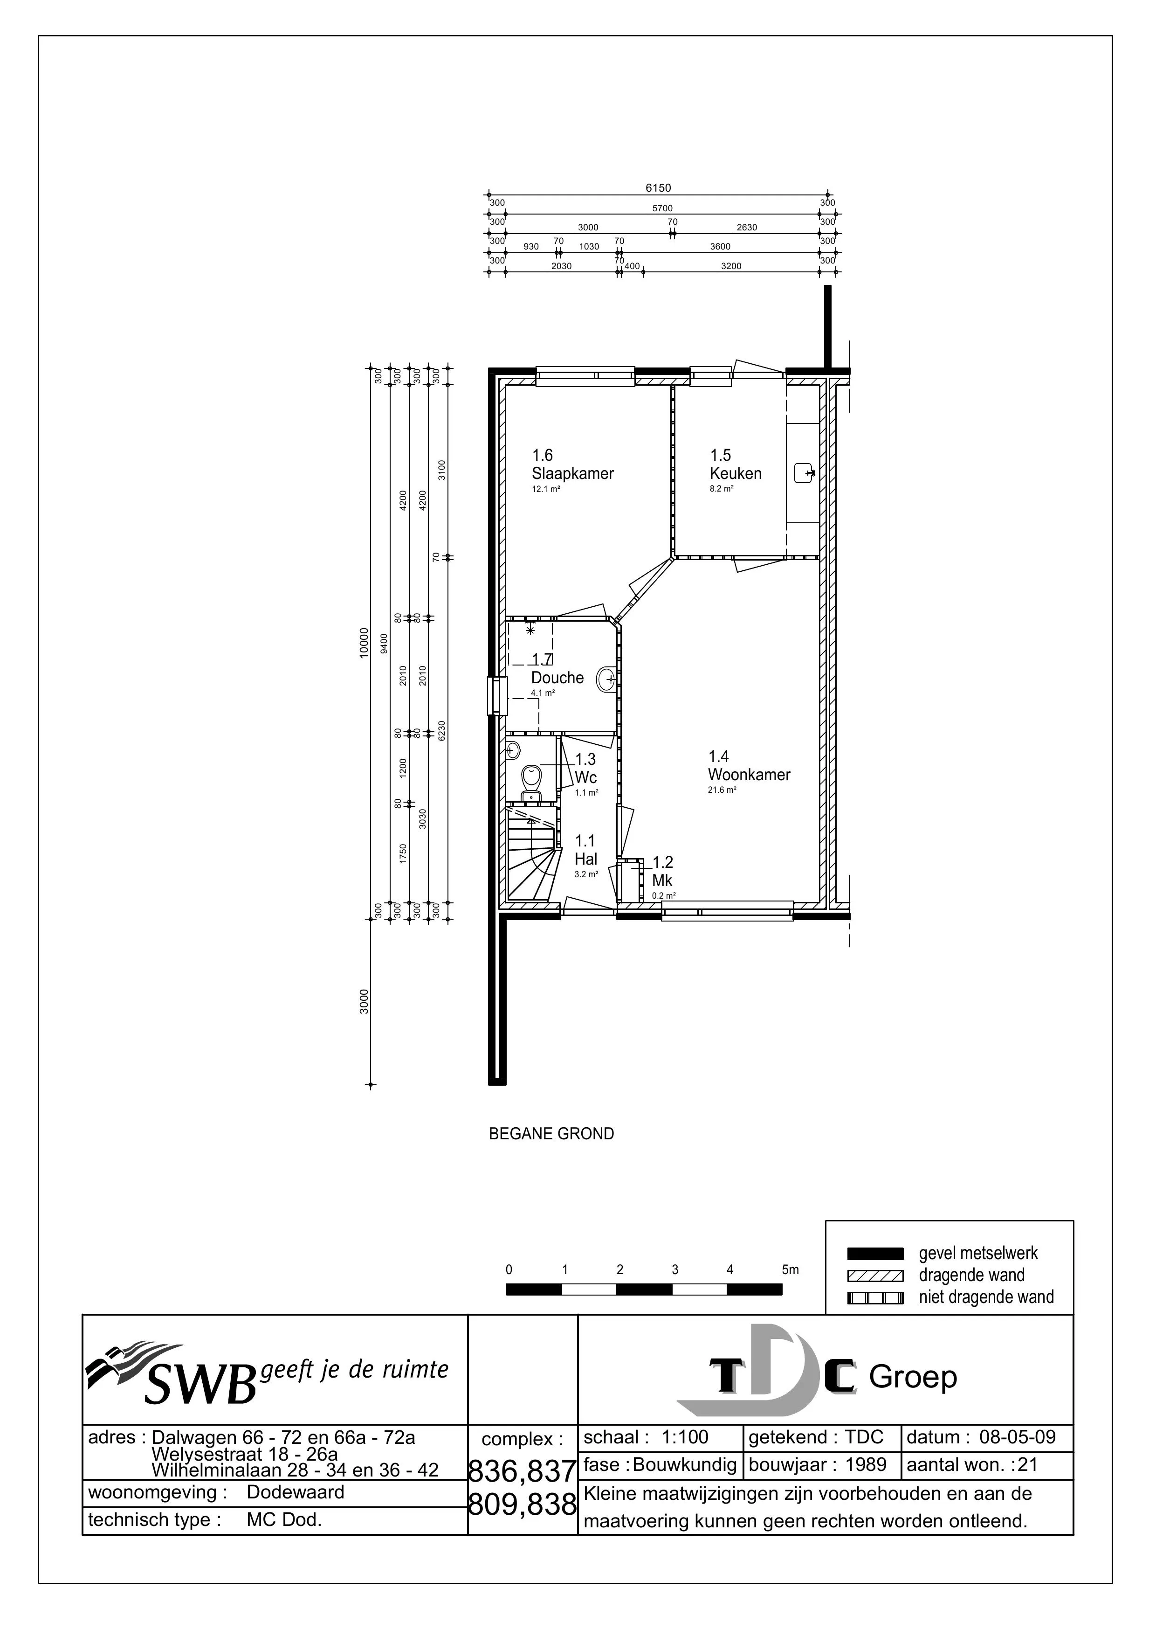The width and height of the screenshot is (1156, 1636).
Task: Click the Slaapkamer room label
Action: pos(573,473)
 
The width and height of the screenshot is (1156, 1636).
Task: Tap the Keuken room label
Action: pos(736,473)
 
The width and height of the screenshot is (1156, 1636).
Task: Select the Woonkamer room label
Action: pos(749,775)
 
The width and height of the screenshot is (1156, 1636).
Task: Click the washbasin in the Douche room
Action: pos(607,679)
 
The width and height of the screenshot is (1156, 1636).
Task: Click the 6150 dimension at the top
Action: pos(658,188)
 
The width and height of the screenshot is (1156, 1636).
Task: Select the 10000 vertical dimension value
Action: pos(364,644)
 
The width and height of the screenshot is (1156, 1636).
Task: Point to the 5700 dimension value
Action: pos(662,208)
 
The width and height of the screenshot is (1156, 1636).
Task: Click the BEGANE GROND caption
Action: pos(551,1134)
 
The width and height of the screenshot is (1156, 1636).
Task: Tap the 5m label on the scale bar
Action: pos(790,1269)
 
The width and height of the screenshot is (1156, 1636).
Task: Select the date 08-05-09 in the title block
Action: pos(1017,1436)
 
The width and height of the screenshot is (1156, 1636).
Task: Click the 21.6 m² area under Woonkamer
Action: pos(722,790)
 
